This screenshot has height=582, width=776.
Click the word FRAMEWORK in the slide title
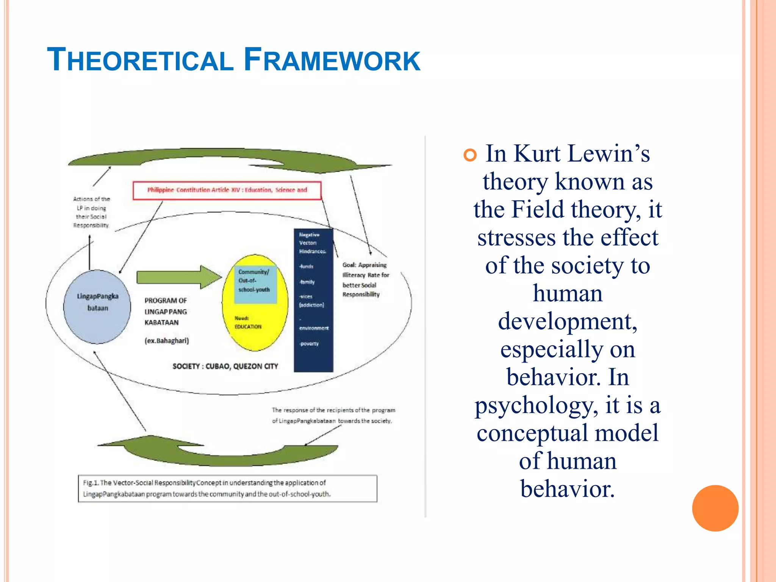click(332, 60)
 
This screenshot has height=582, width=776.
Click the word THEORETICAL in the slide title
click(140, 60)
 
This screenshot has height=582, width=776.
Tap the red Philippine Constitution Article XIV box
click(227, 190)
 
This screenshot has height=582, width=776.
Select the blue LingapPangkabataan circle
click(97, 307)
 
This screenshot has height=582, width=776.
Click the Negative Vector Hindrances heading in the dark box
click(312, 243)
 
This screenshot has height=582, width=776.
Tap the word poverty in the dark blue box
click(310, 344)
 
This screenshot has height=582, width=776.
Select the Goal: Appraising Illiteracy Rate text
click(365, 280)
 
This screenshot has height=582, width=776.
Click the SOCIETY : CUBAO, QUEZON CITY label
click(225, 366)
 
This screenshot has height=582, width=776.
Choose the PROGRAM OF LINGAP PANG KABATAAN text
click(166, 311)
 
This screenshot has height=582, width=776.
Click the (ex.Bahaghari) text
click(167, 341)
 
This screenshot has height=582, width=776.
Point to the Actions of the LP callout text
click(91, 212)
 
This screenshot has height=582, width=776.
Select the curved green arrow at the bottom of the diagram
click(220, 451)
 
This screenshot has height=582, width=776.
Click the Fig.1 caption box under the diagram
click(227, 488)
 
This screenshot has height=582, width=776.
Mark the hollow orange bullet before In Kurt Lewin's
click(470, 155)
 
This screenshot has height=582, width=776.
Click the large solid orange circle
click(715, 508)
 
